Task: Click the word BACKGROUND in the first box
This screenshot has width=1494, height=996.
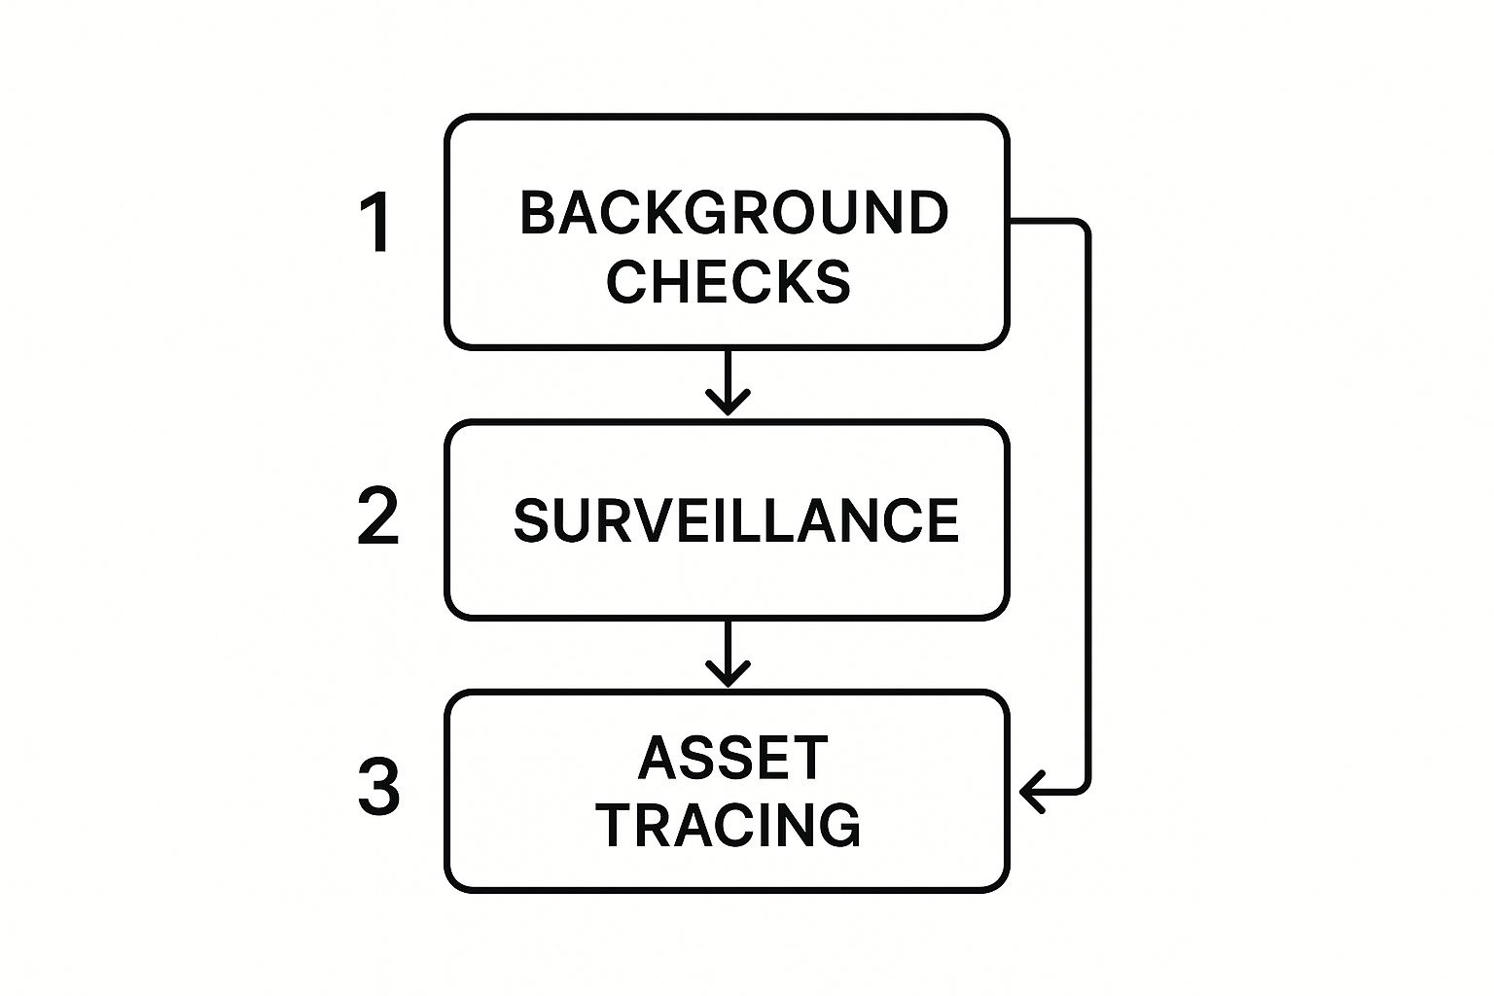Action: (733, 213)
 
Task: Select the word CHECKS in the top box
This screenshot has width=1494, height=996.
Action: (728, 281)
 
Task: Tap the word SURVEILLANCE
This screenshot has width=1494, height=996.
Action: (735, 520)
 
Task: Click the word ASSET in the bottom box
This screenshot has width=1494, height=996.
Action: (732, 758)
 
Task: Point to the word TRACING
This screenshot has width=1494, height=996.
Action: (728, 825)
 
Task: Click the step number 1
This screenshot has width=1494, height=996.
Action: (376, 223)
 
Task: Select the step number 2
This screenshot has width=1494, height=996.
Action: (377, 516)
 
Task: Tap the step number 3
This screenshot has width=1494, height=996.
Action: (377, 787)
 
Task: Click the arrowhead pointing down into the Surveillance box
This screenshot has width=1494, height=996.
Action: (728, 402)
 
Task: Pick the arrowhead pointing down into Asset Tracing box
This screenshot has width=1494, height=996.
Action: (728, 673)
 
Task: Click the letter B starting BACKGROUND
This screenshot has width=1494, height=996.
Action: (538, 213)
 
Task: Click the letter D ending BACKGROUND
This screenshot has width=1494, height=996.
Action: (928, 213)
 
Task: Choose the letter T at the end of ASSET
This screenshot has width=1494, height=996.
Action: (808, 758)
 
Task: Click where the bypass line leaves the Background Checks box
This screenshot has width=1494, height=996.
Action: (1012, 223)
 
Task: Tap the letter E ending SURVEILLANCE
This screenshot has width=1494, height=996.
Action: (941, 520)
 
